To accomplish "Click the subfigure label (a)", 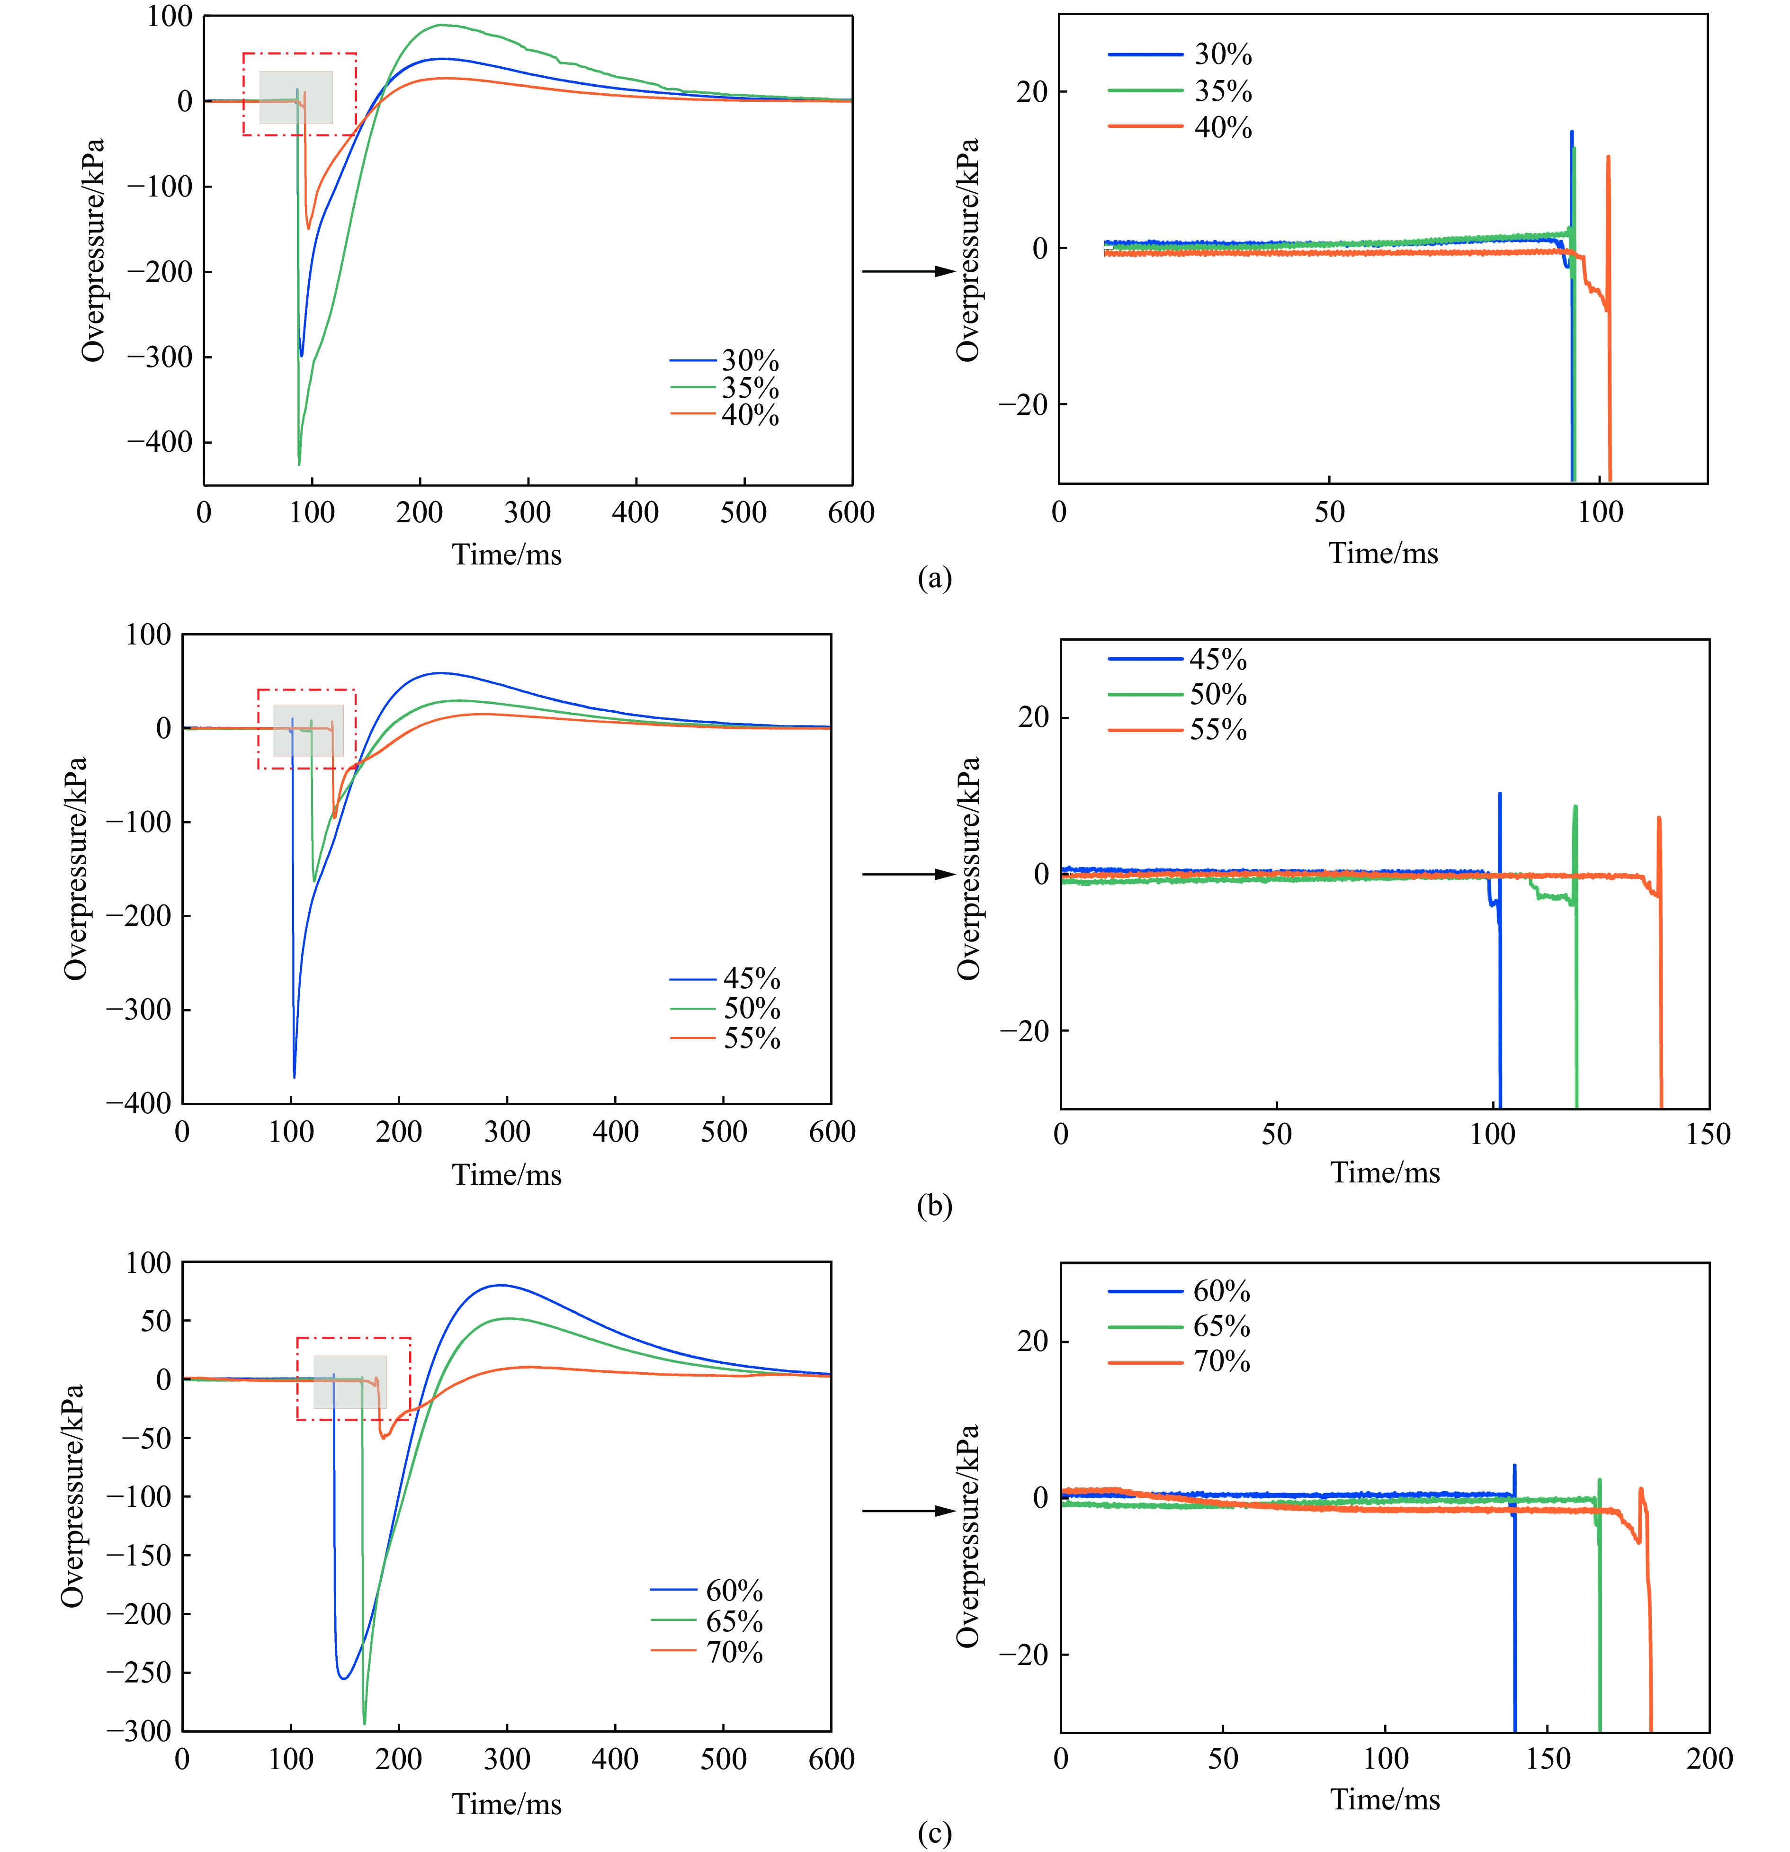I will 935,577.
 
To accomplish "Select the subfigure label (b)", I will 935,1206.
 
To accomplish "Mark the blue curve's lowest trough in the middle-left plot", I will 294,1076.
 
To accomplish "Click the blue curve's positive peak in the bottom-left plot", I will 500,1285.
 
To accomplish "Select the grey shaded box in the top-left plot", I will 296,98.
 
